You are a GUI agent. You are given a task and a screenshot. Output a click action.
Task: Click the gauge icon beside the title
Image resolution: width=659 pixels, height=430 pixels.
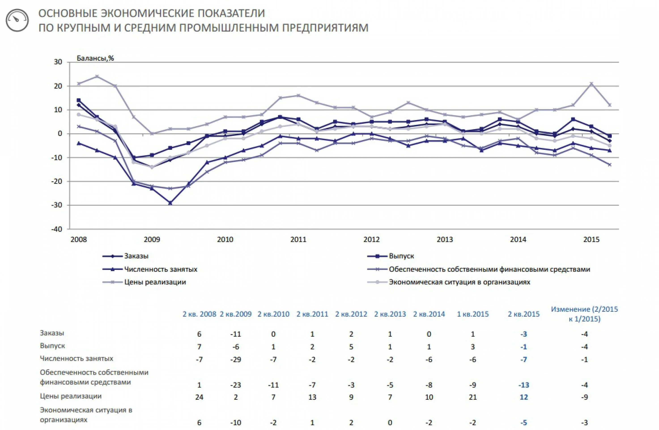[17, 20]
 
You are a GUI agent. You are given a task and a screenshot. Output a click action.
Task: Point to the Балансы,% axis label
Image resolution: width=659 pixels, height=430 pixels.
[95, 58]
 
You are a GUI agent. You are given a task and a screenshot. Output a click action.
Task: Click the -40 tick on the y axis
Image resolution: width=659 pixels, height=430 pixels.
[57, 229]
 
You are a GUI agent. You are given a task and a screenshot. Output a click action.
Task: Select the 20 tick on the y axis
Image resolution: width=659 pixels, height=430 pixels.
[58, 86]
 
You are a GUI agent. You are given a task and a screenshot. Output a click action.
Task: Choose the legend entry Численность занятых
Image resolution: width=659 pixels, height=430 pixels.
[160, 269]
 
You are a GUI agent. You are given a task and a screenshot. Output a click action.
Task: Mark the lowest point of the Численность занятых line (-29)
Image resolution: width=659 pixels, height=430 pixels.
[170, 203]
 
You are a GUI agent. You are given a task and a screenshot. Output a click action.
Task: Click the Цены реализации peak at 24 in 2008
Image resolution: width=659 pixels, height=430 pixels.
[97, 76]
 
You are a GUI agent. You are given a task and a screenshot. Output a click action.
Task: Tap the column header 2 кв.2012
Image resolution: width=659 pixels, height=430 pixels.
[351, 314]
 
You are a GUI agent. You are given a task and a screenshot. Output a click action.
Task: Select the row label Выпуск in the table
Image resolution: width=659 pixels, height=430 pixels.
[53, 346]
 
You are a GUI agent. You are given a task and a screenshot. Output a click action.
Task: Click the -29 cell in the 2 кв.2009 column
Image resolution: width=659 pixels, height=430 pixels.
[236, 360]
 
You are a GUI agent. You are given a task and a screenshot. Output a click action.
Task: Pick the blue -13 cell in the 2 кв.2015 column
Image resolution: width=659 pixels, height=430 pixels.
[524, 385]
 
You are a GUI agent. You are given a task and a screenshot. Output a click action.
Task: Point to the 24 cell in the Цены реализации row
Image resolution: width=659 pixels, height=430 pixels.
[199, 397]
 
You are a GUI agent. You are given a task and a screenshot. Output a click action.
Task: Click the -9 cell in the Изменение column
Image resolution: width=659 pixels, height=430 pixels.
[584, 397]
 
